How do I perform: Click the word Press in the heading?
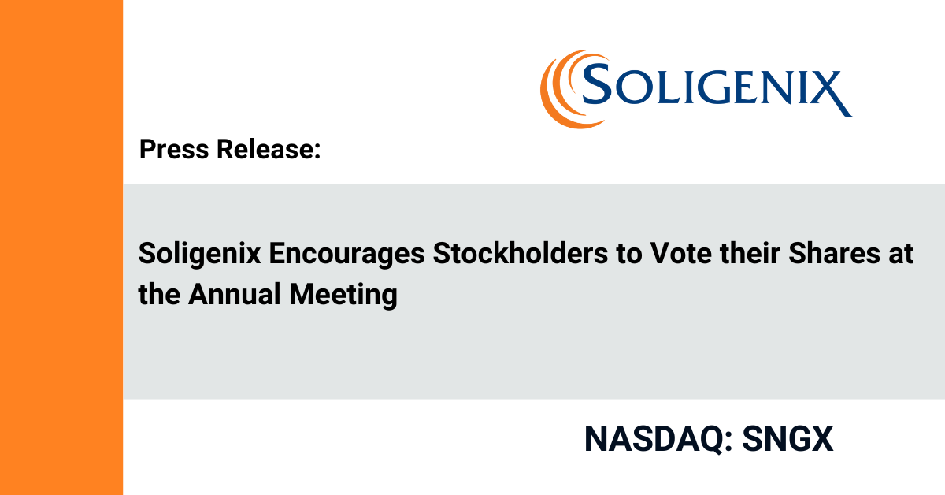pos(174,149)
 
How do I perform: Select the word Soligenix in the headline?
pos(199,255)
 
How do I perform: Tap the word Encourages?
pos(346,255)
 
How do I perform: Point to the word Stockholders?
pos(521,254)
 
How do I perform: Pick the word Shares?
pos(834,254)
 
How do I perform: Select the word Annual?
pos(235,294)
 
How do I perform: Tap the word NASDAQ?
pos(654,439)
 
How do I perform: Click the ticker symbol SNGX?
pos(787,439)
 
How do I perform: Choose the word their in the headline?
pos(750,254)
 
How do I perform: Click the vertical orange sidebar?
pos(61,247)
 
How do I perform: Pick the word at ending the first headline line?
pos(901,255)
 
